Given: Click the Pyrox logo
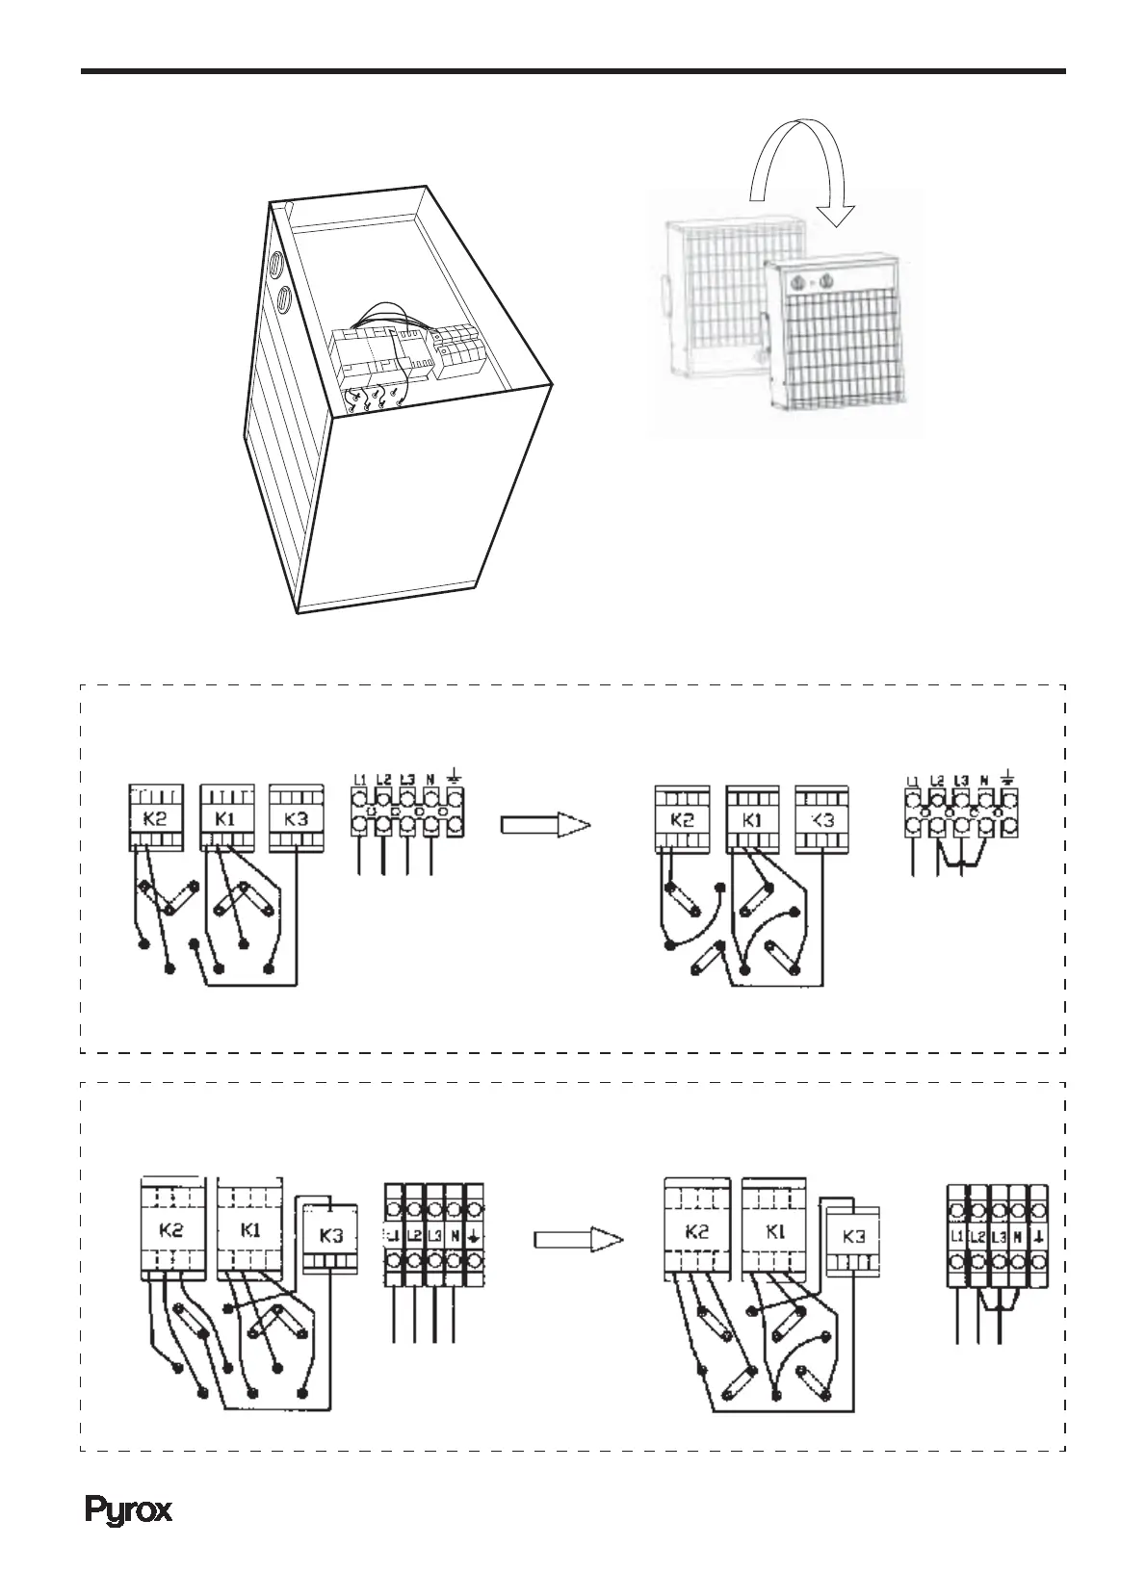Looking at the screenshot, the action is [x=130, y=1510].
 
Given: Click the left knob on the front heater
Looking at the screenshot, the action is [x=796, y=283].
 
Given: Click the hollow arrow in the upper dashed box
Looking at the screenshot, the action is [x=544, y=825].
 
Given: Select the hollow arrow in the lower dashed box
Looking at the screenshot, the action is [x=579, y=1239].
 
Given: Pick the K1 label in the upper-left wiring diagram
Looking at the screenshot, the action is [x=227, y=821].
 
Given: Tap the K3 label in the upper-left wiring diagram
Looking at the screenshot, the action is [x=297, y=821].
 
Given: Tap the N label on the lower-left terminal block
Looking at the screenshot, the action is [x=453, y=1235].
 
